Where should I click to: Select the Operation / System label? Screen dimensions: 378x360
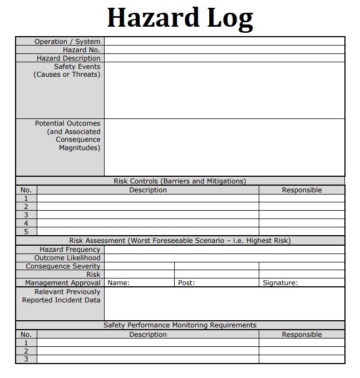click(x=67, y=42)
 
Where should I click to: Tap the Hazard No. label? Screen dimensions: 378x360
click(x=81, y=50)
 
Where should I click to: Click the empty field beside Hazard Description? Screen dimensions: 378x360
click(x=224, y=58)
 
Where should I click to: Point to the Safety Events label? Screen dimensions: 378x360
click(x=77, y=67)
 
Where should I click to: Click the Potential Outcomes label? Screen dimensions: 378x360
click(x=67, y=123)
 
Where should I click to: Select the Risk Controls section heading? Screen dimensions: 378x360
click(x=180, y=181)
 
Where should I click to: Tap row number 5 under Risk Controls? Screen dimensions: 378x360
click(x=26, y=232)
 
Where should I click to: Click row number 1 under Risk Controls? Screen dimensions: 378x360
click(x=26, y=198)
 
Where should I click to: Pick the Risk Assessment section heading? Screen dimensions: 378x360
click(x=180, y=241)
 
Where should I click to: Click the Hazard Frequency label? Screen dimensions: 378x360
click(x=70, y=250)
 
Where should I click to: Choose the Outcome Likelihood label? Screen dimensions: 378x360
click(x=67, y=258)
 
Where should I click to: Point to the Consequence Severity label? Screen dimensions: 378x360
click(x=63, y=266)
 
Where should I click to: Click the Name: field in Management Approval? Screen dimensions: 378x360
click(x=139, y=283)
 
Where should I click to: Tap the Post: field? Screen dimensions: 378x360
click(x=217, y=283)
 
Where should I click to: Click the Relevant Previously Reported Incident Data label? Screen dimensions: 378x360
click(x=61, y=296)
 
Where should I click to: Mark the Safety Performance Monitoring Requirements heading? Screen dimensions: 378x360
click(x=180, y=325)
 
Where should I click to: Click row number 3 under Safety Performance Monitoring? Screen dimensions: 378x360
click(x=26, y=360)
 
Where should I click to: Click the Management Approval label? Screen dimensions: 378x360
click(x=62, y=283)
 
